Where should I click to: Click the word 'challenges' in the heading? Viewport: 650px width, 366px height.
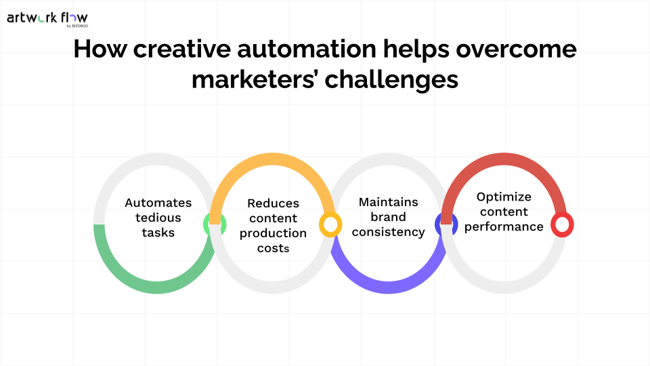[x=392, y=80]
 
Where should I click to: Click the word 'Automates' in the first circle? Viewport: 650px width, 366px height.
[x=158, y=203]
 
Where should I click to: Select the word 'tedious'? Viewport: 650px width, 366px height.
[x=158, y=218]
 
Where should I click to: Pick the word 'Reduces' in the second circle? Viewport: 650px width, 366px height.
[x=273, y=203]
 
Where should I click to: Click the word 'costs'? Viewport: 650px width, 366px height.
[x=273, y=248]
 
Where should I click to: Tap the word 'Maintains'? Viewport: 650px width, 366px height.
[x=389, y=202]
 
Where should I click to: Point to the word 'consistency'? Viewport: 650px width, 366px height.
[x=389, y=232]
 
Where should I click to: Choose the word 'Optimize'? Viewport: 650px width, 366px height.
[x=504, y=197]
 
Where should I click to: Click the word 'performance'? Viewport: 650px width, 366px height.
[x=504, y=226]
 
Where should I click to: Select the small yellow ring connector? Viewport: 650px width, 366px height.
[x=330, y=224]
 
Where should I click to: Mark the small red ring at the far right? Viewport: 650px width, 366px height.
[x=562, y=224]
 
